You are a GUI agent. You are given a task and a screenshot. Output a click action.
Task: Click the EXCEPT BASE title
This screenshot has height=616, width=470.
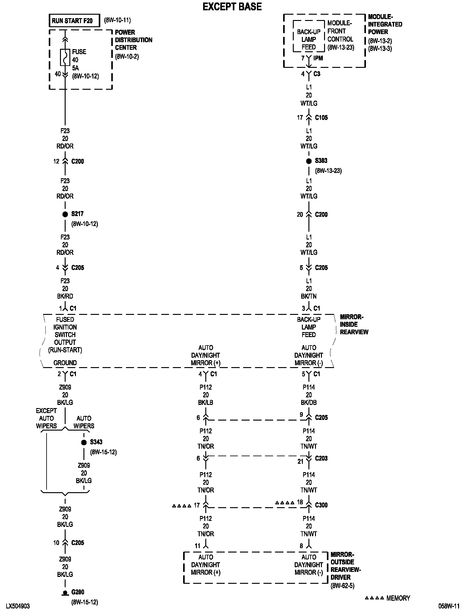tap(232, 7)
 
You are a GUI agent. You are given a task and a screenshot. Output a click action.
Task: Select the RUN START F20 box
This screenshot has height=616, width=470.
tap(74, 21)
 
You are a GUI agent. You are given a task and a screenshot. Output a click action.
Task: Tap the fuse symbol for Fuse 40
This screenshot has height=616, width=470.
tap(65, 57)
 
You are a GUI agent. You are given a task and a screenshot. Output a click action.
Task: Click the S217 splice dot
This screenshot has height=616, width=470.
tap(65, 215)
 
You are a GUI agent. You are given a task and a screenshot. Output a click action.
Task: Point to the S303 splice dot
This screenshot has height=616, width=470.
tap(309, 161)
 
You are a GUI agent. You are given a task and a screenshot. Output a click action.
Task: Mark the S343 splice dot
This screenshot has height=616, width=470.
tap(84, 442)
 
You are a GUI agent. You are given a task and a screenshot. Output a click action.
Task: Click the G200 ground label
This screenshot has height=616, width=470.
tap(78, 592)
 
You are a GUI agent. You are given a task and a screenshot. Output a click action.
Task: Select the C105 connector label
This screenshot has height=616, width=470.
tap(321, 118)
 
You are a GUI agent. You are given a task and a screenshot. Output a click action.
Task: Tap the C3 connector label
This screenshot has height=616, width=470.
tap(317, 74)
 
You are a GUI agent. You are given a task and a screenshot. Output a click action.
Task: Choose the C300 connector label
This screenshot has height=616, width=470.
tap(321, 505)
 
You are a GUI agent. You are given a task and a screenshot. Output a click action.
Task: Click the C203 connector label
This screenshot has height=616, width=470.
tap(321, 458)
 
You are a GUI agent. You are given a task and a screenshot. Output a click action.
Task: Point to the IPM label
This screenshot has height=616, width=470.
tap(318, 58)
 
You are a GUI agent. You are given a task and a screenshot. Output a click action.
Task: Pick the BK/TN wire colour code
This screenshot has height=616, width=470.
tap(309, 296)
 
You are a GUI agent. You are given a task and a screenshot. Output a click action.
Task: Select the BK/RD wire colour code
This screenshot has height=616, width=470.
tap(65, 296)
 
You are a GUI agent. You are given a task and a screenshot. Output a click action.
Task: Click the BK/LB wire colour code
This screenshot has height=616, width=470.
tap(206, 402)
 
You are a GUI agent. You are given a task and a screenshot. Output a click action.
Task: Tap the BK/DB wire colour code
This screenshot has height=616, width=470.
tap(309, 402)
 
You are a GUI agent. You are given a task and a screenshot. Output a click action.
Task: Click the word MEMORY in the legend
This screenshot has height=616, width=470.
tap(398, 598)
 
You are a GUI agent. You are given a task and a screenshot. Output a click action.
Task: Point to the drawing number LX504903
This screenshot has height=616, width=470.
tap(18, 606)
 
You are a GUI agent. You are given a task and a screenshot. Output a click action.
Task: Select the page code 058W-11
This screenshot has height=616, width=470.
tap(449, 606)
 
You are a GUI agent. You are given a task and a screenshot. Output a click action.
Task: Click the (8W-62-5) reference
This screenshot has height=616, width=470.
tap(342, 586)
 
